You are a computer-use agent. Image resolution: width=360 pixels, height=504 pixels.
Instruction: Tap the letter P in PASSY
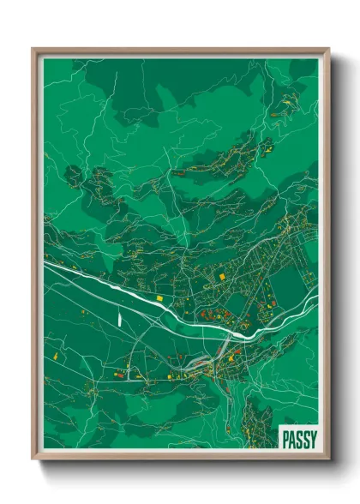click(285, 438)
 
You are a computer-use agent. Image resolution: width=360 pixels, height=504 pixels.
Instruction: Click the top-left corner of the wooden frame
click(33, 49)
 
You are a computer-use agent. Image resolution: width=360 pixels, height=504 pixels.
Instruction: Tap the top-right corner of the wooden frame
click(328, 49)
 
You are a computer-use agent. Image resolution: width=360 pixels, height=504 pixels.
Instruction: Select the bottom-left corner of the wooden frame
click(33, 459)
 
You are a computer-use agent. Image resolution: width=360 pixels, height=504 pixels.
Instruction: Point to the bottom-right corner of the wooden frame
click(328, 459)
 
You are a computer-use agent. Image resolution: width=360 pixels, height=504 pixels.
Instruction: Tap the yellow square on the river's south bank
click(159, 297)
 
